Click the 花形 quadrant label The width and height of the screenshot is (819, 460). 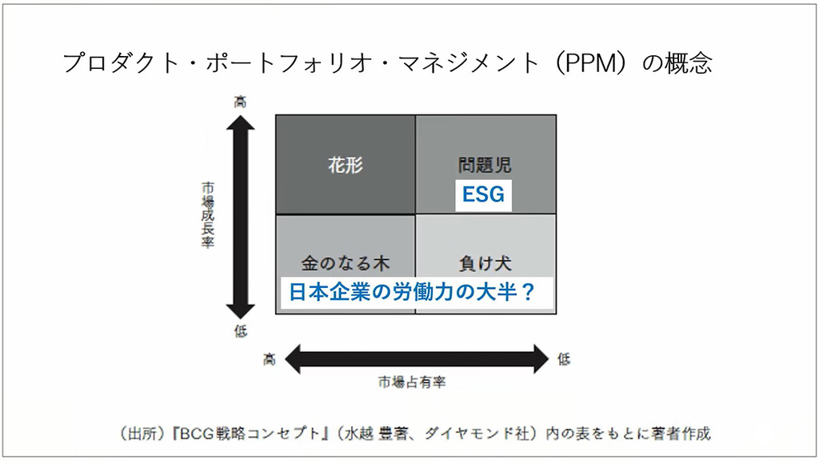click(346, 166)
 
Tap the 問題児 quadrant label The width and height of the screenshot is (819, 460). click(485, 166)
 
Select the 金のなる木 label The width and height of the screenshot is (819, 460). click(346, 263)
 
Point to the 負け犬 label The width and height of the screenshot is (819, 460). click(485, 263)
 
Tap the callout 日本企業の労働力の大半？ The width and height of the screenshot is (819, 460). click(411, 293)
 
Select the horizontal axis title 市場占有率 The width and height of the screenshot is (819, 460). click(412, 382)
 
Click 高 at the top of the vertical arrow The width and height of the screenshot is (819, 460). click(240, 102)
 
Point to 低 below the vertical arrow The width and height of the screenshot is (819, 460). click(241, 332)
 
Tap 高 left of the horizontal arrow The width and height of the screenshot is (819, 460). click(269, 359)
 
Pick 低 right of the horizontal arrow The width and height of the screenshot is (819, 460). click(564, 359)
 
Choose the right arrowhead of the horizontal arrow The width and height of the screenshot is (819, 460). click(540, 359)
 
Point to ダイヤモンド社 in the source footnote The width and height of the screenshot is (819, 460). click(480, 434)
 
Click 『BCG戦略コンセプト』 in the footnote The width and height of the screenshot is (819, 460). click(210, 434)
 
